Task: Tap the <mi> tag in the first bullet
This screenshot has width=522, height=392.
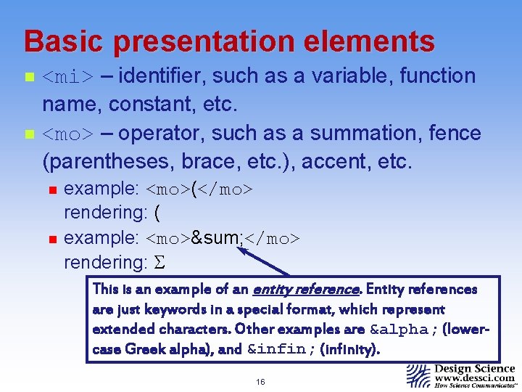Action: (67, 76)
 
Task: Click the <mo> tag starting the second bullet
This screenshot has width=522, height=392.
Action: (67, 134)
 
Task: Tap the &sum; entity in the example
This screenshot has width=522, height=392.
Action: (216, 239)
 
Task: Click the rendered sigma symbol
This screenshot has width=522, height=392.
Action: (161, 261)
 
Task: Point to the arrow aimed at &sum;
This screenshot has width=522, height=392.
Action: (264, 262)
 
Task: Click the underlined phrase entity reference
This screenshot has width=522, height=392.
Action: (305, 289)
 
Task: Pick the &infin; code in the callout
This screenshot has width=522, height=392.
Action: (279, 349)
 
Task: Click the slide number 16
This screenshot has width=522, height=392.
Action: (260, 381)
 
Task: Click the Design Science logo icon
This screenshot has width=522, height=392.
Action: (418, 376)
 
